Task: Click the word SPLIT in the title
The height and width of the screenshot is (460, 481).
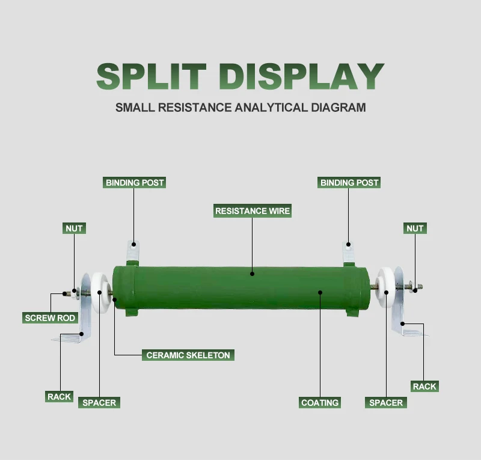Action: (x=151, y=77)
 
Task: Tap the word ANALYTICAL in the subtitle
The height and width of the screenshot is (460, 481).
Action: (x=269, y=108)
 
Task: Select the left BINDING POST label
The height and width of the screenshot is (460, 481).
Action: (x=135, y=182)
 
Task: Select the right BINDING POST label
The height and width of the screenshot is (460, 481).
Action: (x=349, y=182)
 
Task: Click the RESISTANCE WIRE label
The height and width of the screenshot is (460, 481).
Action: (x=253, y=211)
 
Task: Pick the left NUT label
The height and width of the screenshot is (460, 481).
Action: (x=74, y=228)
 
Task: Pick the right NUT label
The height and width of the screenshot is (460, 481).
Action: (x=415, y=228)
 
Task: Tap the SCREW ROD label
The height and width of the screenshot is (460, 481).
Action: (x=51, y=318)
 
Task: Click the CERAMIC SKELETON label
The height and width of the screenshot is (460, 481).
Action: (x=188, y=355)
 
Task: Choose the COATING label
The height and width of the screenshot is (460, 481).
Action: (x=320, y=403)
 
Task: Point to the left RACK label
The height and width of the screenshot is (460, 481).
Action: (x=60, y=397)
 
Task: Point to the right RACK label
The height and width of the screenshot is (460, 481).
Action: (x=424, y=386)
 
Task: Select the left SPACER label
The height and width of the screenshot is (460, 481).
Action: (x=99, y=403)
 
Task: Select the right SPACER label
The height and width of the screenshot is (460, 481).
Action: (x=386, y=403)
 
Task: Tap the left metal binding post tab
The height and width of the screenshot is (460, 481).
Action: (x=134, y=252)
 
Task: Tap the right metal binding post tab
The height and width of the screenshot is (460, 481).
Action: (x=349, y=252)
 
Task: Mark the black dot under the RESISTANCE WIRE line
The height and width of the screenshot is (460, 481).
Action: (x=253, y=274)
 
